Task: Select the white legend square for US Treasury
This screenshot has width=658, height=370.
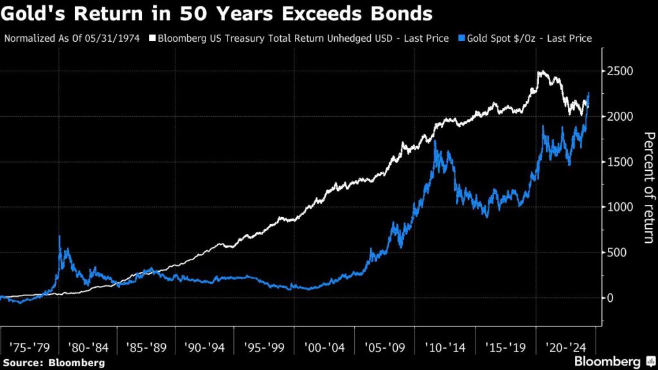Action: click(152, 39)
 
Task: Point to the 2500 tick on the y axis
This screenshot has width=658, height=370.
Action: click(620, 71)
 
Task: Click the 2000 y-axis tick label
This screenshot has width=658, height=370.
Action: click(620, 116)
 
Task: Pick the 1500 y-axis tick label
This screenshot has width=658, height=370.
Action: click(620, 162)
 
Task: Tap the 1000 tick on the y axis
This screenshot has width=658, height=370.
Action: click(620, 207)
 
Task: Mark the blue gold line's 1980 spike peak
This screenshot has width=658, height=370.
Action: click(60, 236)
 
